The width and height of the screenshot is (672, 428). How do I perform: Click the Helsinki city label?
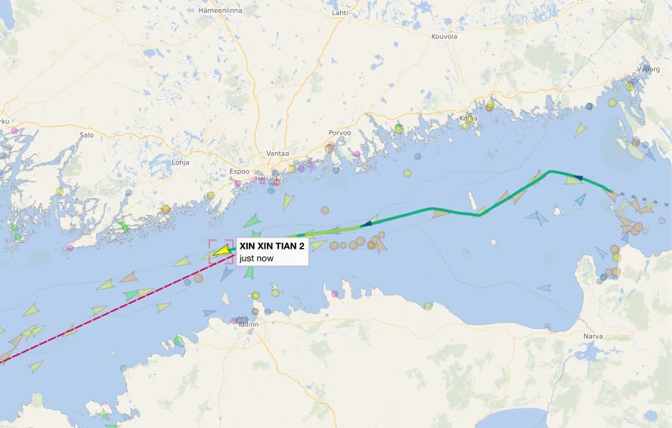coord(268,179)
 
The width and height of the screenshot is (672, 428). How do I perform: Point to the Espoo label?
coord(238,172)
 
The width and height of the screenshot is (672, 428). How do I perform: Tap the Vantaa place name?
coord(278,154)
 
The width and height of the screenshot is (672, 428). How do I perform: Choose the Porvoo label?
coord(339,133)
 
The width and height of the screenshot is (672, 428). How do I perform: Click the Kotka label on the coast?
coord(468,118)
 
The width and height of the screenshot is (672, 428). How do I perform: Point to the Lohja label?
coord(181,162)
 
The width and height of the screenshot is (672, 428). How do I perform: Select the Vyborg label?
coord(648,68)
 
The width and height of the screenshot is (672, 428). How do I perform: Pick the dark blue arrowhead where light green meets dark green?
coord(367,223)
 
